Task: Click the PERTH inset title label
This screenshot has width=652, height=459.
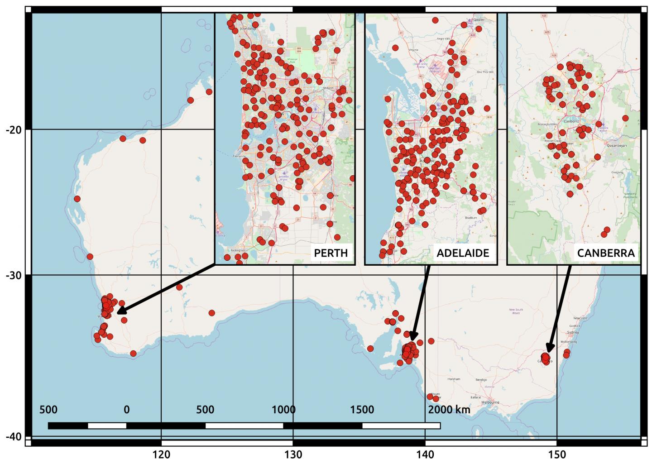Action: [x=331, y=253]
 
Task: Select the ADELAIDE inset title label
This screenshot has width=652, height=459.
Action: [x=463, y=253]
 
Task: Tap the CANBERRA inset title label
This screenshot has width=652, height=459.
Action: [x=605, y=253]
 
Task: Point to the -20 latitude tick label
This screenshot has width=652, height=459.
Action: [x=14, y=130]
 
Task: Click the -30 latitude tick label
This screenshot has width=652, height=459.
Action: [x=14, y=275]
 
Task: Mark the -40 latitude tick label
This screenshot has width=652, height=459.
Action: [x=14, y=436]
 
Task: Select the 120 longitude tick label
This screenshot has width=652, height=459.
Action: [x=161, y=454]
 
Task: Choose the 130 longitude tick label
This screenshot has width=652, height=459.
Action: [x=293, y=454]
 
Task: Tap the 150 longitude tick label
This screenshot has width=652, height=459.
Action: [x=556, y=454]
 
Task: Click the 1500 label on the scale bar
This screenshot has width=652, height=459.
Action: [x=362, y=410]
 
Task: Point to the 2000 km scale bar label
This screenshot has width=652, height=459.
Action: [x=449, y=410]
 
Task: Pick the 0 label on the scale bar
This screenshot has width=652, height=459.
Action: [x=126, y=410]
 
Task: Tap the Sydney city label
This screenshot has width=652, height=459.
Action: [x=573, y=332]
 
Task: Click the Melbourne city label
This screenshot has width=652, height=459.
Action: [x=490, y=402]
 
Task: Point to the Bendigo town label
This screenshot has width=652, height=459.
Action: [x=481, y=379]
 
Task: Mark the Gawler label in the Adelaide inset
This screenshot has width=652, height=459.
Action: [x=479, y=20]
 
